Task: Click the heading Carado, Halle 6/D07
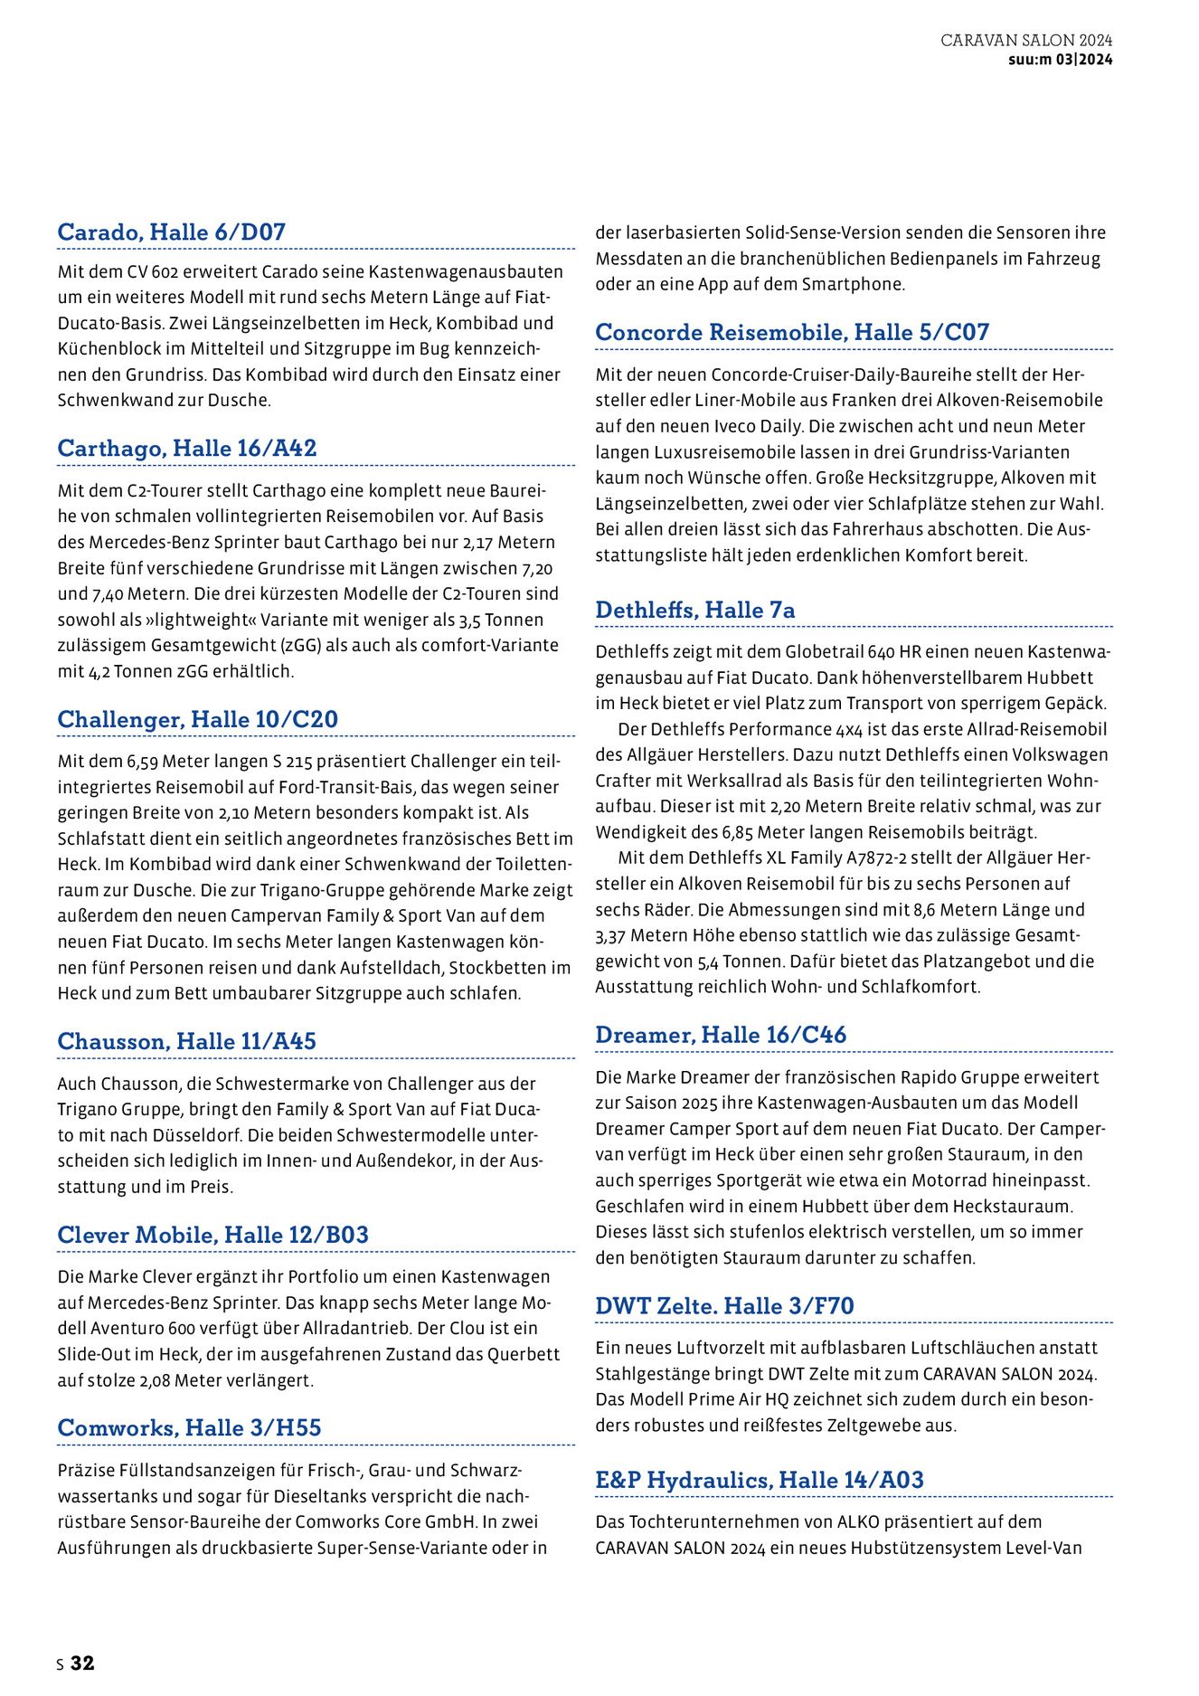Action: (171, 232)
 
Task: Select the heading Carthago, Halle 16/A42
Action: (186, 449)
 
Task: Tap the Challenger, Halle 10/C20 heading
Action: (197, 720)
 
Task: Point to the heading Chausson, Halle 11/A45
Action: (186, 1042)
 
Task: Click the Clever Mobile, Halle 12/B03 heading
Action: (212, 1236)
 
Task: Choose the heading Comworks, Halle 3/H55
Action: (189, 1428)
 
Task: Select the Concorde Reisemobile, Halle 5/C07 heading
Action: (792, 333)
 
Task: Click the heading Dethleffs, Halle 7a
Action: (694, 611)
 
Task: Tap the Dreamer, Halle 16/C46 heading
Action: (721, 1035)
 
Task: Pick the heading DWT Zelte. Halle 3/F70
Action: (724, 1306)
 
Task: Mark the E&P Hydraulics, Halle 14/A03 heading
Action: (760, 1481)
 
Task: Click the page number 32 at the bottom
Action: (82, 1663)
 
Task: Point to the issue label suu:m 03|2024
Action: (1060, 60)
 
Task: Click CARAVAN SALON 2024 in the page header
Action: (1026, 41)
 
